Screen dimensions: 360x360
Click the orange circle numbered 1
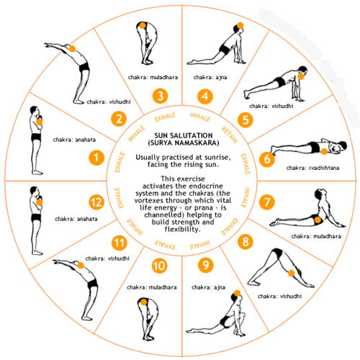(x=96, y=158)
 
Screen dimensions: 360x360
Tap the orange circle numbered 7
(x=266, y=202)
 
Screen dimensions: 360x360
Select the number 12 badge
(x=96, y=202)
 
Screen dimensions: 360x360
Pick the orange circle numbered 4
(x=205, y=96)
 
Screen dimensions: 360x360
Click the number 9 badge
(x=206, y=265)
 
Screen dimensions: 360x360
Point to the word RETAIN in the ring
(x=230, y=135)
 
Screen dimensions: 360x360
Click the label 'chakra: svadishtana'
(x=312, y=168)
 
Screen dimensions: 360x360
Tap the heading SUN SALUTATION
(x=184, y=135)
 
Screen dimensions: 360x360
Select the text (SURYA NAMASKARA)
(x=184, y=143)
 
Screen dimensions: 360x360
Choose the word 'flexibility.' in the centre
(x=182, y=229)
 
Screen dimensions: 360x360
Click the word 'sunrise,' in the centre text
(x=217, y=158)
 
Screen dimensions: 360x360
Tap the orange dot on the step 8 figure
(x=291, y=273)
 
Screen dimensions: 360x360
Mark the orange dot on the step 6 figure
(x=324, y=151)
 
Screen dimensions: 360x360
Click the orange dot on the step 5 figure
(x=301, y=76)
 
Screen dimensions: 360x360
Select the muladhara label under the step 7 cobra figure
(x=316, y=236)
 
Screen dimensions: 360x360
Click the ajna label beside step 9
(x=208, y=287)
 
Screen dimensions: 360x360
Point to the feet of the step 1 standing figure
(x=37, y=172)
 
